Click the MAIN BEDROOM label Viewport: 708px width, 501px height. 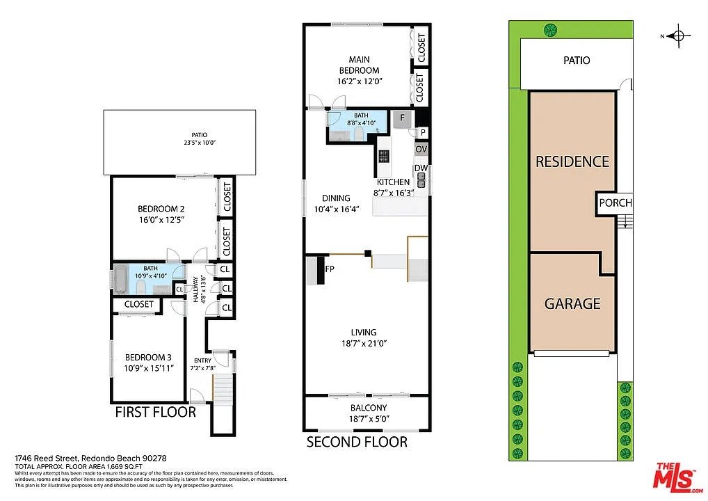click(359, 65)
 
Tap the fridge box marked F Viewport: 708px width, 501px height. click(402, 119)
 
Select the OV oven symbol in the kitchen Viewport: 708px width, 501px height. click(421, 149)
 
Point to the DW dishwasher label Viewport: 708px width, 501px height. click(421, 168)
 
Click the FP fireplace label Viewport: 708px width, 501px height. click(330, 269)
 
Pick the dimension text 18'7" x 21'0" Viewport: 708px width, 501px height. click(364, 343)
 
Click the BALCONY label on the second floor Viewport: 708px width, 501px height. click(369, 408)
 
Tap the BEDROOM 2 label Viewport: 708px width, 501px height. click(161, 209)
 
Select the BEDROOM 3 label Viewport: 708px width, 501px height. click(148, 358)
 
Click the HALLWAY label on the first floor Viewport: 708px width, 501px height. click(196, 289)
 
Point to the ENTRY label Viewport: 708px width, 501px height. click(203, 360)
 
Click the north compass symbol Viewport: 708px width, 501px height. click(678, 35)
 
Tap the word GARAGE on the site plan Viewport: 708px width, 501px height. click(572, 303)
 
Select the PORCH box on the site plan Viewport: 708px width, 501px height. click(615, 203)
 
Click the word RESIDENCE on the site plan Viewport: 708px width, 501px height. click(572, 161)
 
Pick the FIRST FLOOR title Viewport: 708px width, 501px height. click(156, 412)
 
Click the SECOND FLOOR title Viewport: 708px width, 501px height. click(357, 442)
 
